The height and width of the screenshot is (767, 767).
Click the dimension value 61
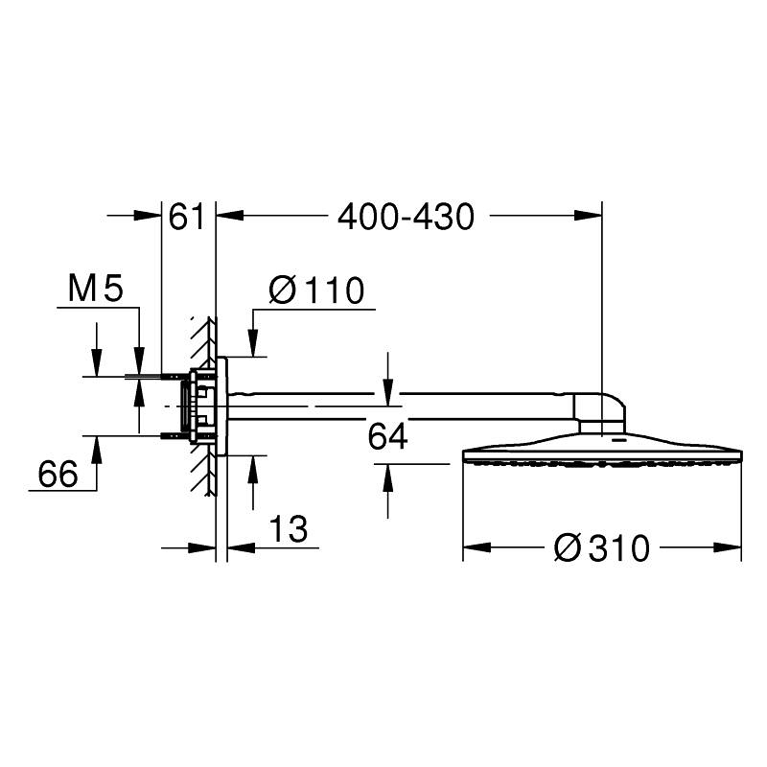coord(187,218)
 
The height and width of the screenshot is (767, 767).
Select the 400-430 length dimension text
coord(406,218)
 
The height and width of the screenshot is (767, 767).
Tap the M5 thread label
coord(96,288)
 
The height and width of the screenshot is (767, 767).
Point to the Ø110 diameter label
coord(316,290)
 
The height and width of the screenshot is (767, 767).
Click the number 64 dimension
coord(388,437)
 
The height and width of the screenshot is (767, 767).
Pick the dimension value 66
coord(58,474)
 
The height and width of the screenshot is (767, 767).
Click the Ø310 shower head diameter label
coord(602,548)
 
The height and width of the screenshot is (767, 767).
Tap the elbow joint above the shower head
coord(601,410)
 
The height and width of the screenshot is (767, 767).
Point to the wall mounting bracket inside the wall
coord(200,403)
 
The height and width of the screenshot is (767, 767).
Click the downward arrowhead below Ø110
coord(253,344)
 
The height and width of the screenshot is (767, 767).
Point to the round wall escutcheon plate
coord(223,403)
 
